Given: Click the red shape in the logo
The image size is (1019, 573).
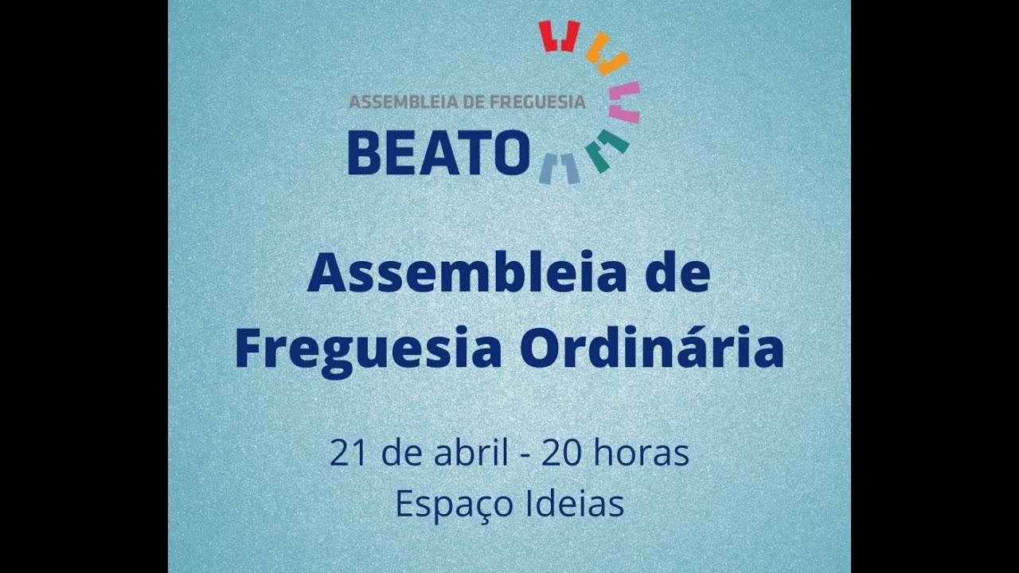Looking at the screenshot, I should pos(558,36).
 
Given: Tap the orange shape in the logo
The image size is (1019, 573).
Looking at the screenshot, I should pos(607,54).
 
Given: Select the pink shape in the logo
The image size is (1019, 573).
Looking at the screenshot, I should pos(626,102).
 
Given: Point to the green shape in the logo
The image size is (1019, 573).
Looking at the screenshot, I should pos(607,150).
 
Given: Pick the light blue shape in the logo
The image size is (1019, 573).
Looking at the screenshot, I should pos(559,168).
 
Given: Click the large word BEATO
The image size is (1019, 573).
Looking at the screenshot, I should pos(439,153).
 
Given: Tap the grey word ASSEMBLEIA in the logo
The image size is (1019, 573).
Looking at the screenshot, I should pos(396,102).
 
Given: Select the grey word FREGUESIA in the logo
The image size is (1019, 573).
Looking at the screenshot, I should pos(537,102).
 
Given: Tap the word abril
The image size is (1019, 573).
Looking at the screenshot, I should pos(470,454).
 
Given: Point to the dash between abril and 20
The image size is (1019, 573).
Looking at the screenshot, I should pos(525,456).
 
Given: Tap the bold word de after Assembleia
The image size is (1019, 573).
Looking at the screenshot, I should pos(679,274).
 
